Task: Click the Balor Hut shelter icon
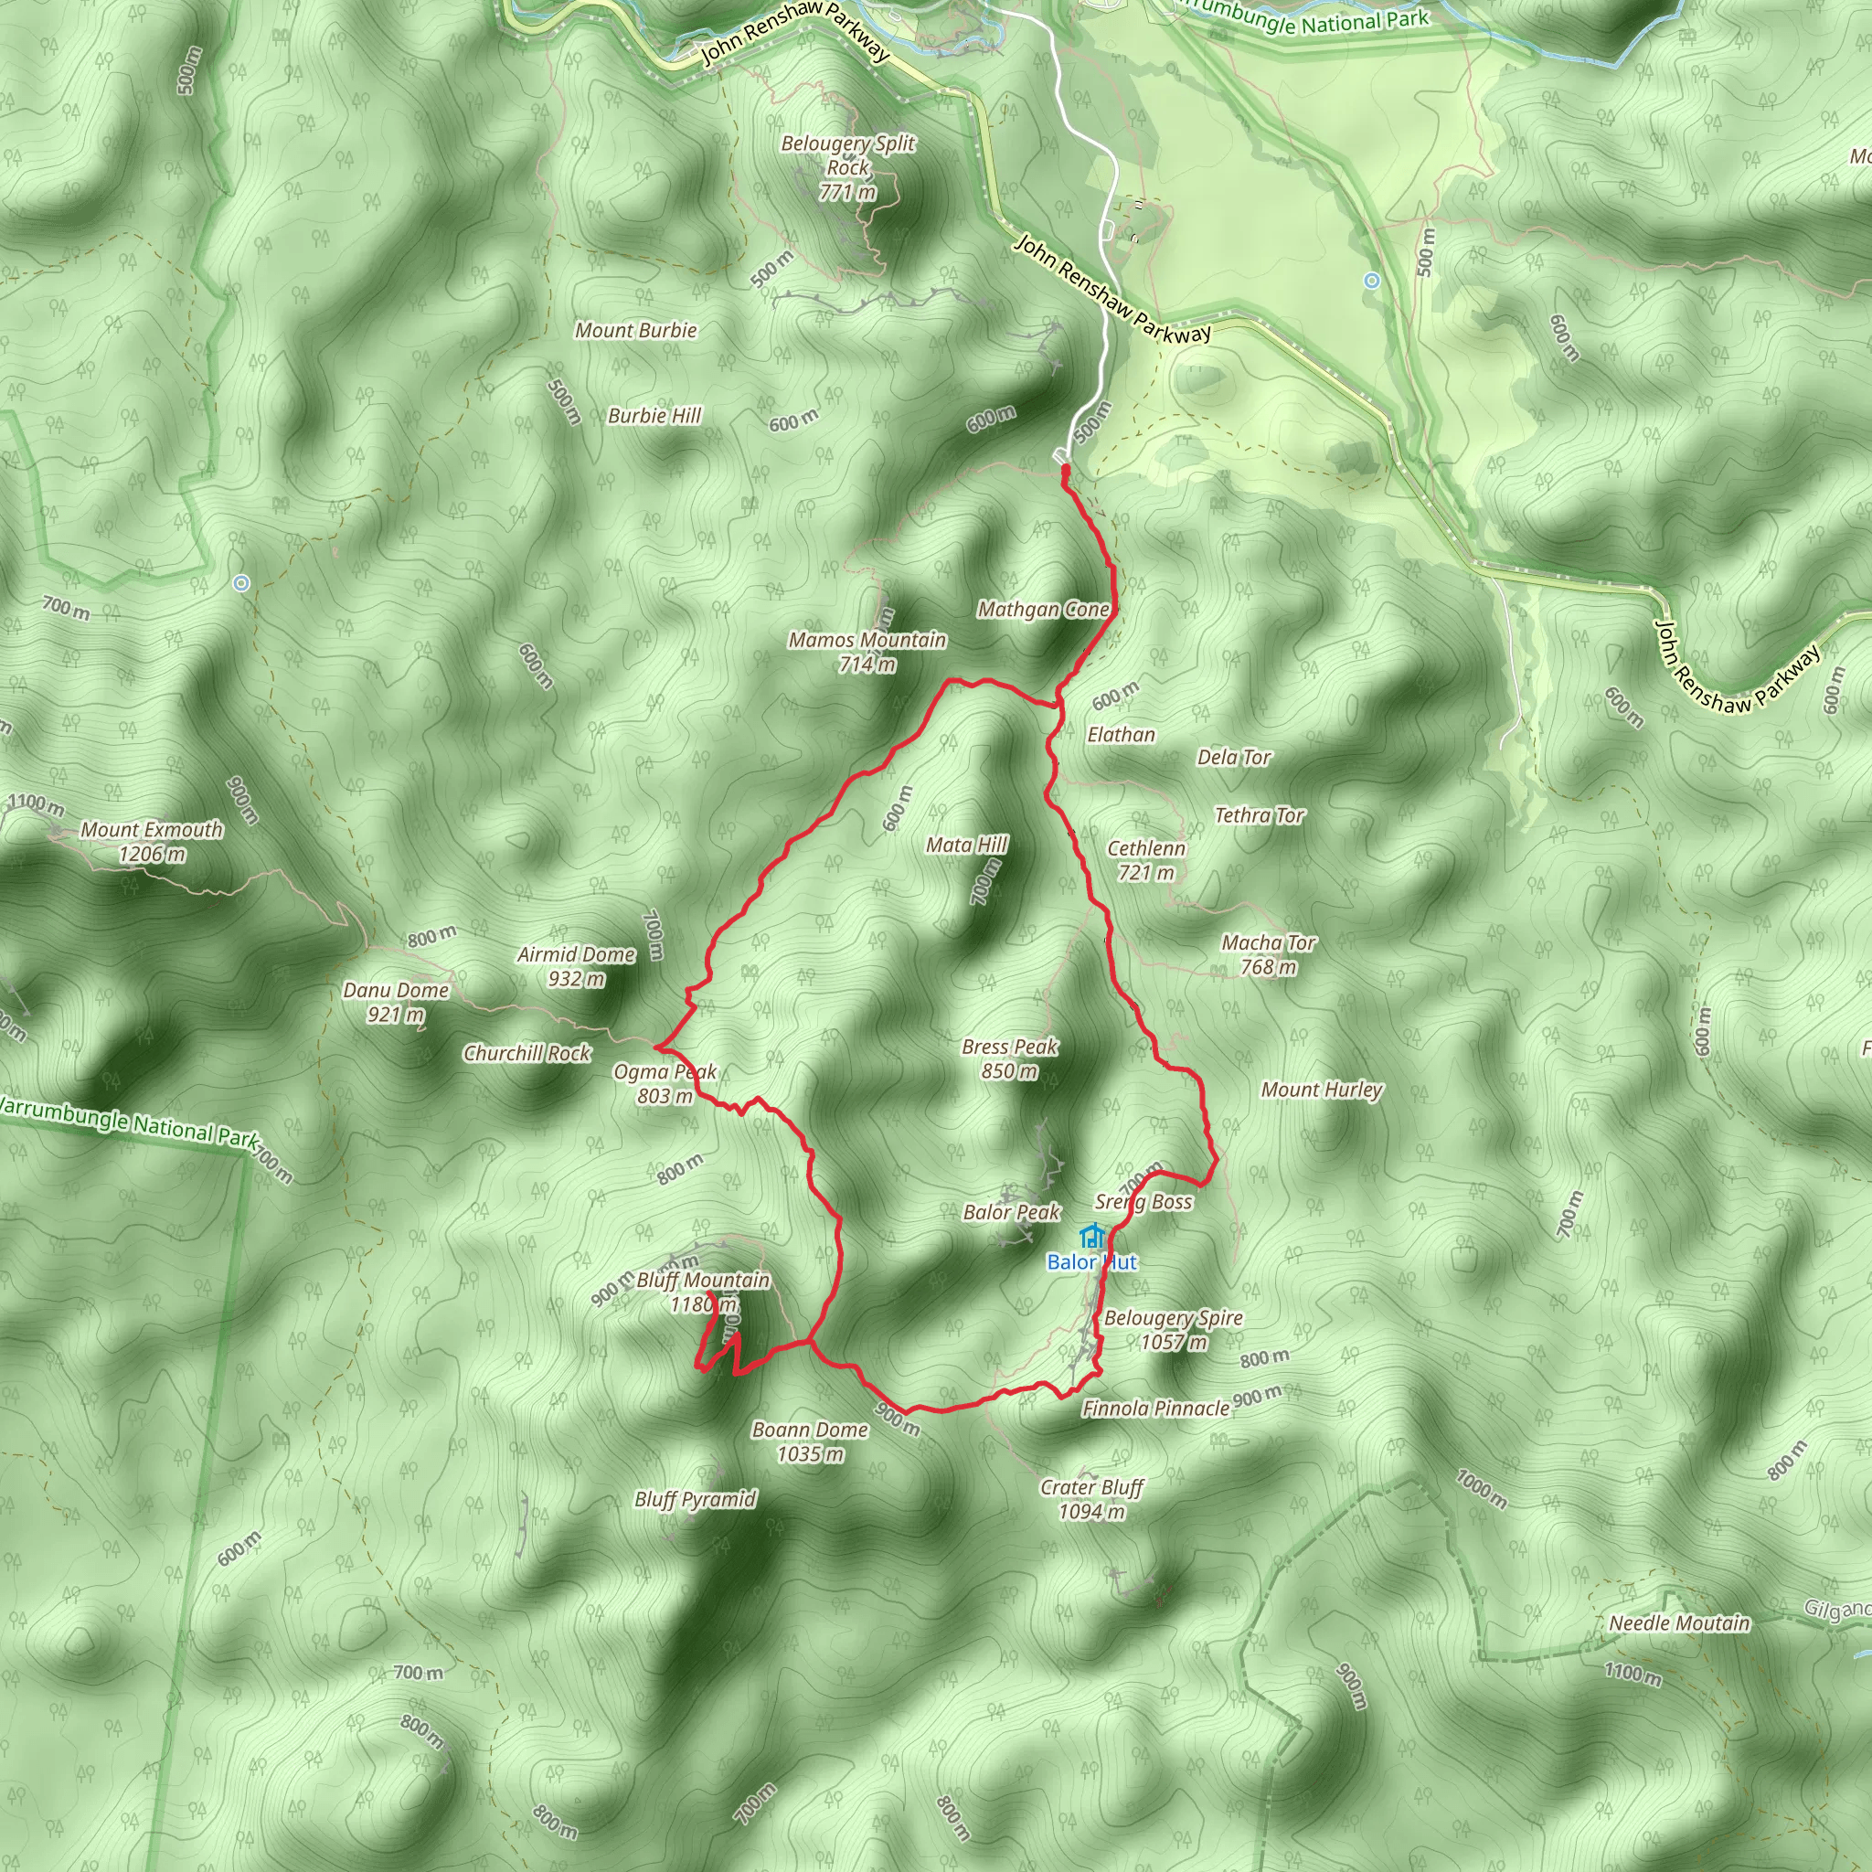1092,1238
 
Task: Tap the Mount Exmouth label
151,842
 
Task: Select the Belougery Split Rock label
848,167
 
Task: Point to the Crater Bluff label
1092,1499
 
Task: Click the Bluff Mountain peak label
703,1292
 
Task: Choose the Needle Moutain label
1679,1623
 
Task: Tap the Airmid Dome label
577,966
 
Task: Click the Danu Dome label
397,1002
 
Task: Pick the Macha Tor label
1269,954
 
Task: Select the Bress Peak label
1010,1058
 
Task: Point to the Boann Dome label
810,1441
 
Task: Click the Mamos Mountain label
867,651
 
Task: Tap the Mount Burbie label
635,330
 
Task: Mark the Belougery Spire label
1174,1329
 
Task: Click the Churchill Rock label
527,1053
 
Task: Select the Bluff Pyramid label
696,1499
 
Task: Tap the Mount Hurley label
1322,1090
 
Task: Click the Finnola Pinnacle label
1156,1408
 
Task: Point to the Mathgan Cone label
1043,610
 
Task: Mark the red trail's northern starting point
1065,470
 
